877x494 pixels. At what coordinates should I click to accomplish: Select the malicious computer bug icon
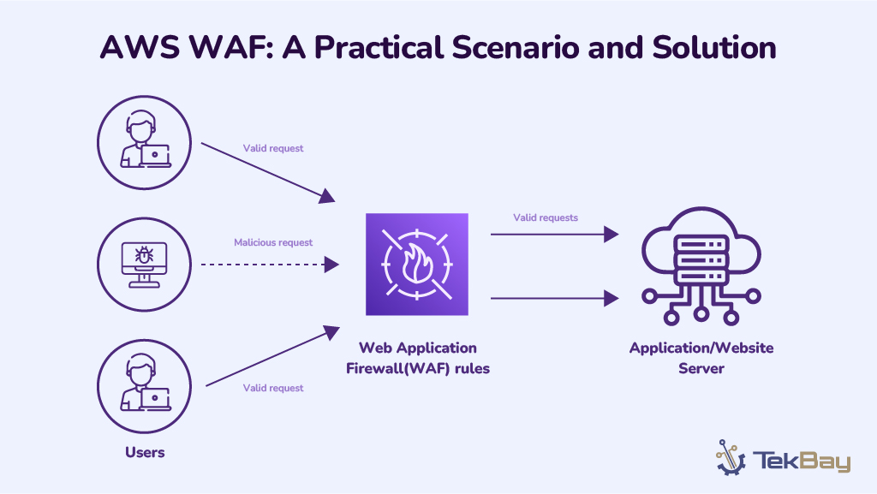point(145,255)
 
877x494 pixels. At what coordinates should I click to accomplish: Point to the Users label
point(145,452)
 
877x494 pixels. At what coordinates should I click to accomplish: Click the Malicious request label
point(273,242)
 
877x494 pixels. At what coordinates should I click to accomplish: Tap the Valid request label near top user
point(273,148)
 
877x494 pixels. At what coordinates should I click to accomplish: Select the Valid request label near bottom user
point(273,388)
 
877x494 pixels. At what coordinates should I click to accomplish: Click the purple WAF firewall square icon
point(416,265)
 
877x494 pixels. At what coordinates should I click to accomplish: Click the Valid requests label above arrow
point(546,217)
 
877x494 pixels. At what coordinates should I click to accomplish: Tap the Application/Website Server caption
point(701,358)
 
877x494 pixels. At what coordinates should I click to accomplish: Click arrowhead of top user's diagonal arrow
point(327,198)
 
